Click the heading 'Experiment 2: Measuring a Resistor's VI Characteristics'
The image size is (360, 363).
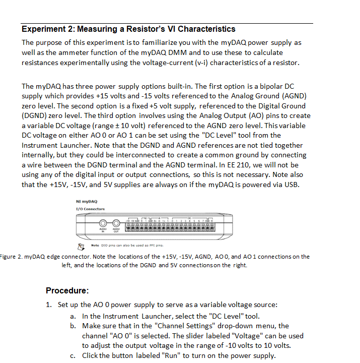128,29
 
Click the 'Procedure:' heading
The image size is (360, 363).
67,290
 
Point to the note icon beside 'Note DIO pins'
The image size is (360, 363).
80,246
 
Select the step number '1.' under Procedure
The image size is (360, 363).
49,305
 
